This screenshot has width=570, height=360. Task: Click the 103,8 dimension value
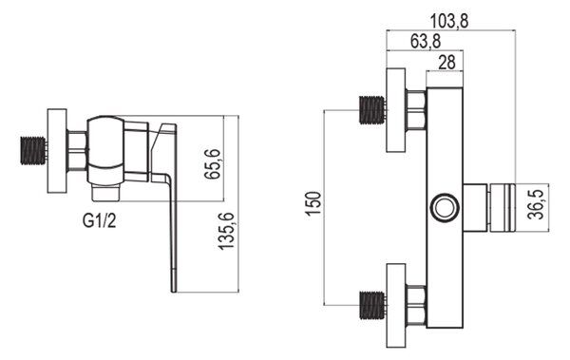point(449,21)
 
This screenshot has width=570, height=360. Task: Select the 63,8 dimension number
point(426,41)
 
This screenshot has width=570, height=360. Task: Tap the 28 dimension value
point(446,62)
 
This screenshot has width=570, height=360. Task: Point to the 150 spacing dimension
point(313,203)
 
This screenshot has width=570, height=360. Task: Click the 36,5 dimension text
point(536,205)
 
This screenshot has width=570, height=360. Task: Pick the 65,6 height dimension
point(212,163)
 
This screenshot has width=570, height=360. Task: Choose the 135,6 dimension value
point(226,231)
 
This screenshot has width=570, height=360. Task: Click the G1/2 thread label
point(100,220)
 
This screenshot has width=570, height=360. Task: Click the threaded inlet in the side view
point(32,150)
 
